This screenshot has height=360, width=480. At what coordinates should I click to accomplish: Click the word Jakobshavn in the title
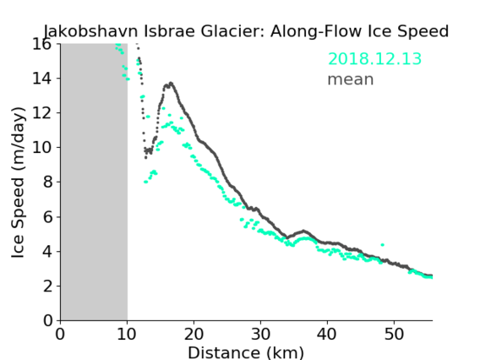coord(90,31)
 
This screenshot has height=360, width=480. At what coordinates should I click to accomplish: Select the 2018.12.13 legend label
coord(374,58)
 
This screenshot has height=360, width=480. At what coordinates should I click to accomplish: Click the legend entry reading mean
coord(351,79)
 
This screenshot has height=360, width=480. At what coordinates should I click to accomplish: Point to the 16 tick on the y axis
coord(41,44)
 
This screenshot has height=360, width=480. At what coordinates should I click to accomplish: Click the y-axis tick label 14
coord(41,79)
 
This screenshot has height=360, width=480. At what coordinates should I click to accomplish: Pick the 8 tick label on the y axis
coord(47,182)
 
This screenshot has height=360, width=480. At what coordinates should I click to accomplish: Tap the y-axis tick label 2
coord(47,286)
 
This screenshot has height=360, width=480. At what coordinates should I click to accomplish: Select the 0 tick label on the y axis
coord(47,320)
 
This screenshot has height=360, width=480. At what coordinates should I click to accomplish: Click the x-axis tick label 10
coord(127,334)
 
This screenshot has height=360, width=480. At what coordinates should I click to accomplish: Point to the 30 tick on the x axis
coord(260,334)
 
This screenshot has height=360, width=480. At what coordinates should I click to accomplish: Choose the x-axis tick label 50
coord(394,334)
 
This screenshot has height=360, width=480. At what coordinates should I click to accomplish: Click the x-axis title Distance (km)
coord(246,352)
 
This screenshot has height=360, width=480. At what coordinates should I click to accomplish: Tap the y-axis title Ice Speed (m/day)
coord(18,183)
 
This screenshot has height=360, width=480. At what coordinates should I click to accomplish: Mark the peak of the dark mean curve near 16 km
coord(171,83)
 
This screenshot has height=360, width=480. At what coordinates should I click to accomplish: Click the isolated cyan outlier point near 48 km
coord(382,244)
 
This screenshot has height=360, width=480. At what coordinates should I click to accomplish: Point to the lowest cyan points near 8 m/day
coord(146,182)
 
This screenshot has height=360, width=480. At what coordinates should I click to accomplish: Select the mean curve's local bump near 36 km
coord(303,231)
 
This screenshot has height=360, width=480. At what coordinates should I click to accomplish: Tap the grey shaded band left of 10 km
coord(94,183)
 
